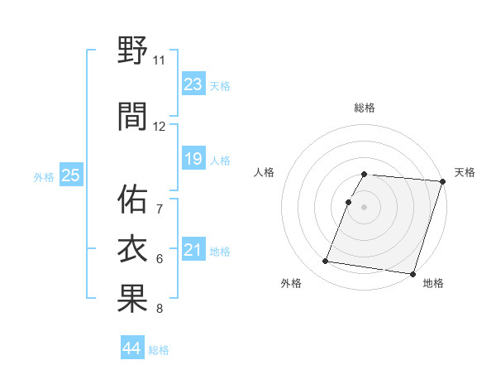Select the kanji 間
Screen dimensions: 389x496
click(x=132, y=117)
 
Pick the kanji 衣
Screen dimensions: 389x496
click(x=132, y=249)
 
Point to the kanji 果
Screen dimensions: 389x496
click(x=132, y=300)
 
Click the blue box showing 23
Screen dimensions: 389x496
click(x=193, y=84)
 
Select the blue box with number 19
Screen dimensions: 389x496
click(x=193, y=159)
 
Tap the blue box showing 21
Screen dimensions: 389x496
click(x=193, y=250)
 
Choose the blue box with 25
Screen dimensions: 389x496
click(x=70, y=175)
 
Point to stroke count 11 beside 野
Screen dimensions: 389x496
click(x=159, y=60)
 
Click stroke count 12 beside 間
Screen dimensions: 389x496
click(x=159, y=127)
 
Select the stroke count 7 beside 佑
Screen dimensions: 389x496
click(x=159, y=208)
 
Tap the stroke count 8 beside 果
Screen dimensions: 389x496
click(x=159, y=310)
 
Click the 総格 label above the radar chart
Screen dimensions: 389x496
click(x=365, y=108)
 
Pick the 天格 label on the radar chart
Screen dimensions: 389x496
click(x=465, y=172)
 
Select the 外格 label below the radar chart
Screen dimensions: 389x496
click(x=291, y=283)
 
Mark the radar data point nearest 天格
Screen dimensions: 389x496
click(x=442, y=181)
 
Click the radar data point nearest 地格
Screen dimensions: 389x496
click(x=413, y=273)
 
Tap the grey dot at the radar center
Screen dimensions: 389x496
click(x=364, y=207)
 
